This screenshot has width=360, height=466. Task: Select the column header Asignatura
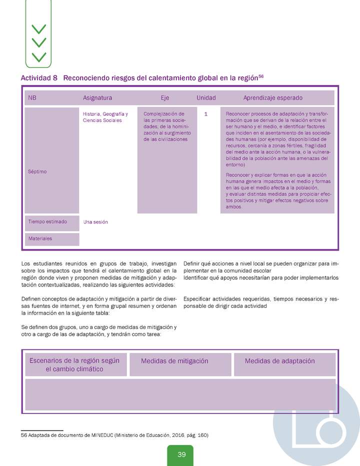(x=97, y=98)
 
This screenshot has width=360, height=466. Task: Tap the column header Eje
(x=165, y=98)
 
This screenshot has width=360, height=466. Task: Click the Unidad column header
(x=206, y=98)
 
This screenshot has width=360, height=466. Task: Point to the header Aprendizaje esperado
(x=272, y=98)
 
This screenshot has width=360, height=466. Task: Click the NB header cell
(x=32, y=98)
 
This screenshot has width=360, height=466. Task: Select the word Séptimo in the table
(x=37, y=171)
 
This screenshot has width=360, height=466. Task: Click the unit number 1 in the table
(x=206, y=114)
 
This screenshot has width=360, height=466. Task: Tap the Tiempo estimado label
(x=47, y=221)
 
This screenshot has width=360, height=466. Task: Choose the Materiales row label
(x=40, y=238)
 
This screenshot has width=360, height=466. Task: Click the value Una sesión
(x=95, y=221)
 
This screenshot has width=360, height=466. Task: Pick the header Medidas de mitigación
(x=174, y=361)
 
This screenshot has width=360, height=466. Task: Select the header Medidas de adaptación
(x=279, y=361)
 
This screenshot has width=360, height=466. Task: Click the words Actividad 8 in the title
(x=39, y=78)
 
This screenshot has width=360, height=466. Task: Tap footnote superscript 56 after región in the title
(x=260, y=76)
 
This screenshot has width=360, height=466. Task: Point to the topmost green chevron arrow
(x=38, y=29)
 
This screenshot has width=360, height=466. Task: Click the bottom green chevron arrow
(x=38, y=56)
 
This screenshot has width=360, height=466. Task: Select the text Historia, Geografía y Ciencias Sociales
(x=105, y=117)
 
